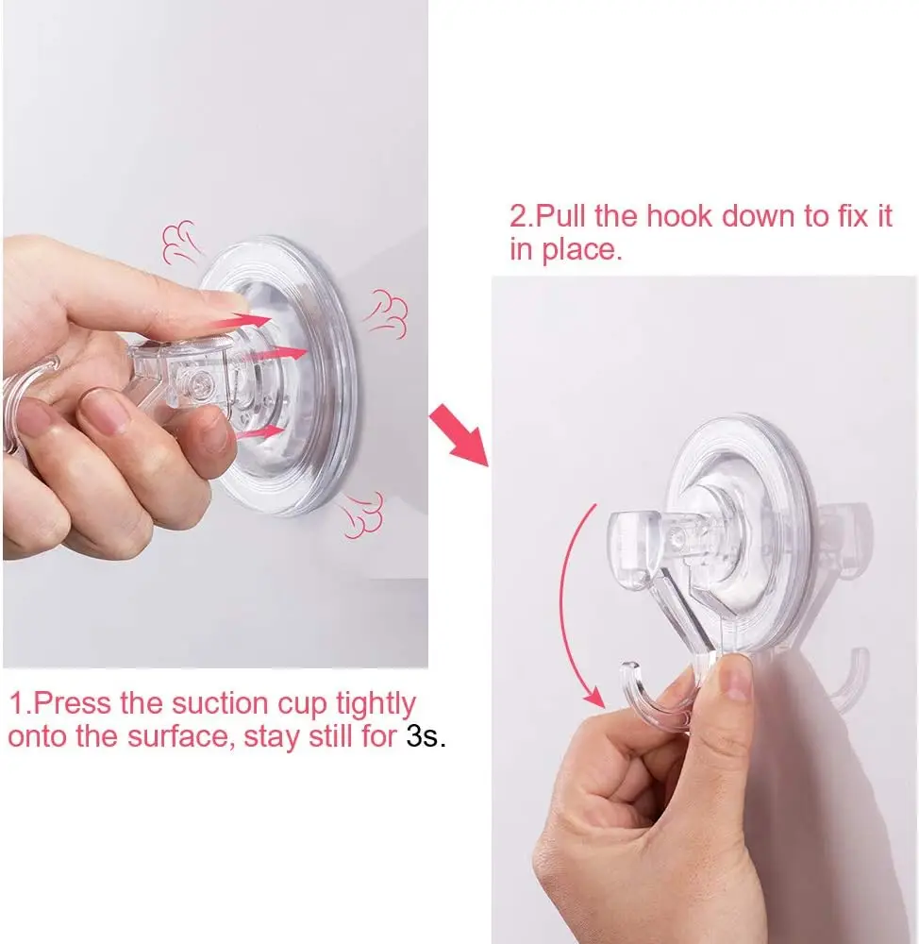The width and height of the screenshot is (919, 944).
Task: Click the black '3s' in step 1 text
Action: pos(423,735)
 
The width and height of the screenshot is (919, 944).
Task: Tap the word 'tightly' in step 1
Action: pos(376,704)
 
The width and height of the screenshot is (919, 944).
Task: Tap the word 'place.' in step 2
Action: pos(582,250)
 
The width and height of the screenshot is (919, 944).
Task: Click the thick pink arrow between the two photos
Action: pos(459,435)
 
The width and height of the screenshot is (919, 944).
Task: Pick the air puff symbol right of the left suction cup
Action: pos(387,313)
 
